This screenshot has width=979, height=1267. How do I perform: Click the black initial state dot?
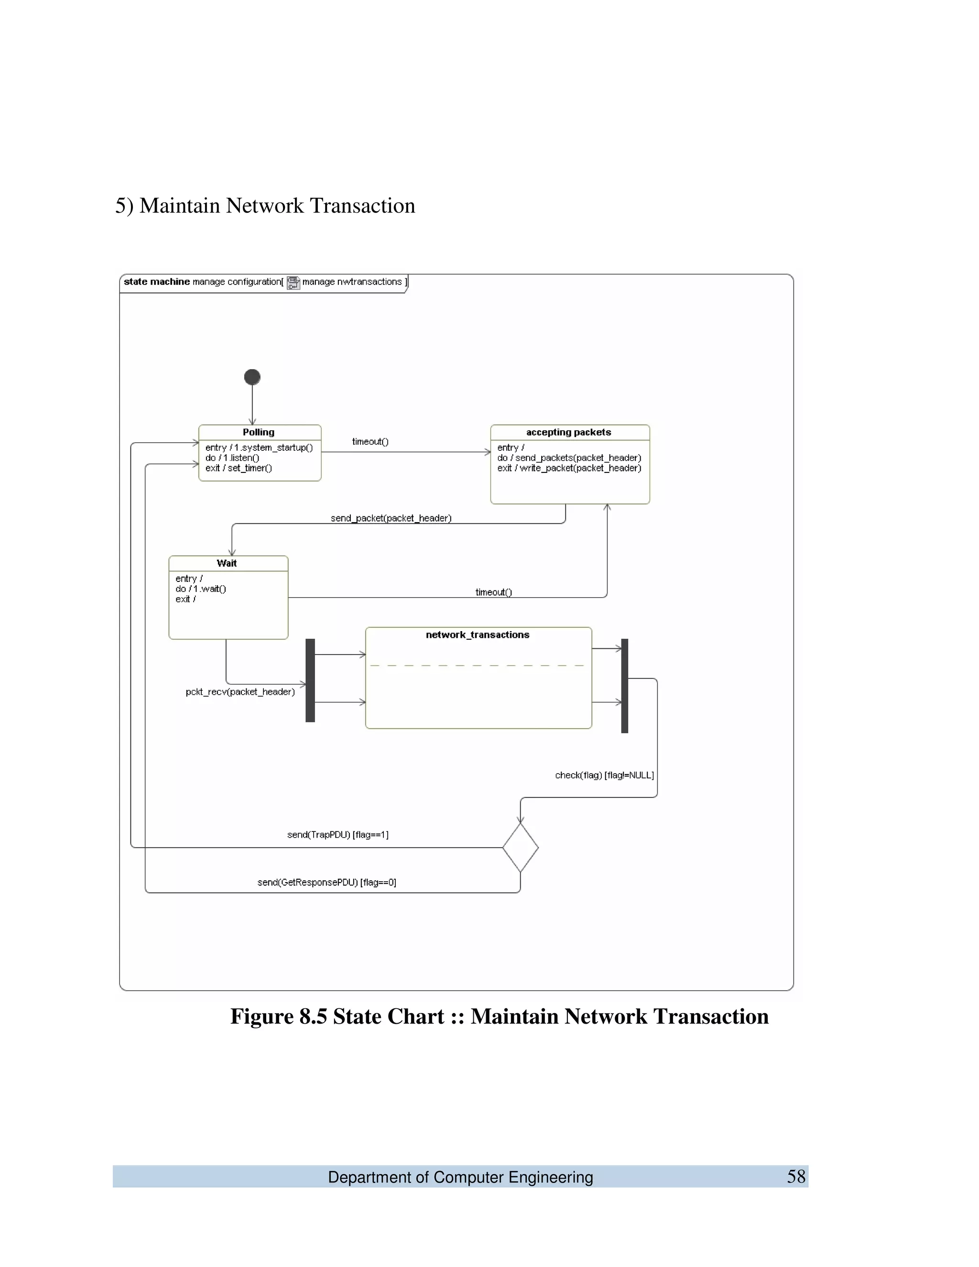tap(252, 377)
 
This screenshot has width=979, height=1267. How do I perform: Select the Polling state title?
tap(259, 432)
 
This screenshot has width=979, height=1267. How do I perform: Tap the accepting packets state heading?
tap(568, 432)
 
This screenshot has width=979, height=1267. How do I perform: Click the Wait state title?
tap(227, 563)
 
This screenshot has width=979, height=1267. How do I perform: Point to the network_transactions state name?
tap(478, 634)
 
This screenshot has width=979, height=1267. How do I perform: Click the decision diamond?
tap(520, 848)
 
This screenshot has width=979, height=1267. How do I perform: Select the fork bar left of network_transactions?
tap(310, 680)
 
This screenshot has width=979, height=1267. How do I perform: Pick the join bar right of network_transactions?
tap(625, 686)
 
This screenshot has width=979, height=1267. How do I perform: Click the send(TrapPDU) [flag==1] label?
tap(337, 835)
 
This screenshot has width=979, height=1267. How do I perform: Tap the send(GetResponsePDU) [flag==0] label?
tap(326, 883)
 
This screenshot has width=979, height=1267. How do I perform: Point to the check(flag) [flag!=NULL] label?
tap(604, 775)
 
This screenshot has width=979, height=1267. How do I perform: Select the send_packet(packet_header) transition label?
tap(391, 518)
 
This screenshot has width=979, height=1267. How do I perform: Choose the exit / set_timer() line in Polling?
tap(239, 468)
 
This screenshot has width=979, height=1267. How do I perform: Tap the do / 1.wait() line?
tap(201, 589)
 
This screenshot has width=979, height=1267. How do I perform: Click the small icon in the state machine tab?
tap(294, 283)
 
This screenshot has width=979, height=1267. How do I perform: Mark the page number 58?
tap(796, 1177)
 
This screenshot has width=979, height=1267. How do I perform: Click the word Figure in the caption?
tap(261, 1016)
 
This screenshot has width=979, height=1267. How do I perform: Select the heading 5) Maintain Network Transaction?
tap(265, 206)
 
